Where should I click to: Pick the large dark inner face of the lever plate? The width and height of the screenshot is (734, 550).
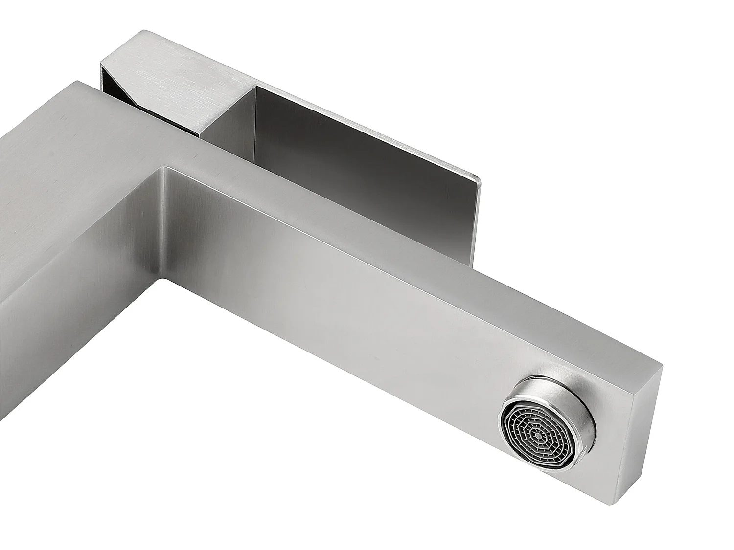352,161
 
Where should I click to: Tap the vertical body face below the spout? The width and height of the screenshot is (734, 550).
73,367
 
